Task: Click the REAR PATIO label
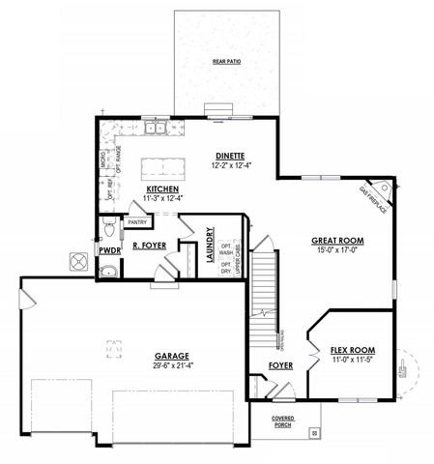226,62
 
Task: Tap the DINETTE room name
230,156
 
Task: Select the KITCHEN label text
160,189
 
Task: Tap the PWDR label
109,250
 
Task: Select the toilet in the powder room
110,228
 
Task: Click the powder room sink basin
108,270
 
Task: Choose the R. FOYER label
150,246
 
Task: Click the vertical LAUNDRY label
210,246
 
